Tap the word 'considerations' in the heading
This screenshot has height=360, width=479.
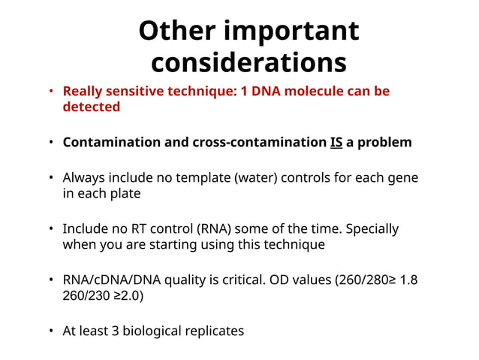249,62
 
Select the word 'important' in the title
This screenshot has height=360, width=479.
298,31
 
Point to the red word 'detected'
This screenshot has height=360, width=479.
91,107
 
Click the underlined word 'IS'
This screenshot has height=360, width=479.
336,142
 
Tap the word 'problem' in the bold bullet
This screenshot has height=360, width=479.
385,142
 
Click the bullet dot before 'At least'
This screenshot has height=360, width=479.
51,331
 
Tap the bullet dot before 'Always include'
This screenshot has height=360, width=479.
51,179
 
